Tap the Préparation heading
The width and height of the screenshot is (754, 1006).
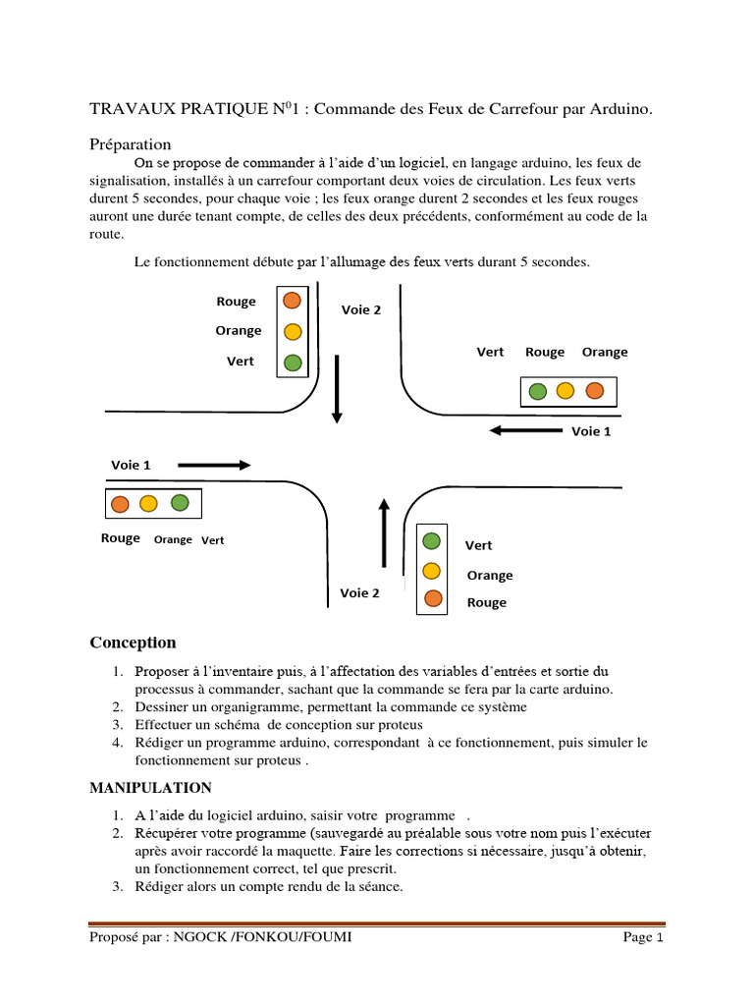[x=131, y=144]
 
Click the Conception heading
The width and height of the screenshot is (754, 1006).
[x=134, y=643]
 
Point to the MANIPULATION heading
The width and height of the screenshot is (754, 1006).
[x=150, y=788]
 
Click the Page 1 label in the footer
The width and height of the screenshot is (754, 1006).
[x=644, y=938]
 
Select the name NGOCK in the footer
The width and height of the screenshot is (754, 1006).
[x=200, y=938]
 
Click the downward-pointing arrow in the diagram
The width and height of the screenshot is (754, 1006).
[x=337, y=388]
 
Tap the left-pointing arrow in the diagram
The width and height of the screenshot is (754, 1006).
[x=524, y=430]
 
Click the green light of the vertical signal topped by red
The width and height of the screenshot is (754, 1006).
[x=292, y=363]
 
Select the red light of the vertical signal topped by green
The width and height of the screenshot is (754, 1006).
[x=431, y=598]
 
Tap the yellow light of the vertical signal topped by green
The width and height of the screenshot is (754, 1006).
[x=431, y=570]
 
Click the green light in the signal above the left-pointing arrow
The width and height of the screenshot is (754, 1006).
[x=537, y=391]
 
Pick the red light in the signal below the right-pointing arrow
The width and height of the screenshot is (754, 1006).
[x=120, y=504]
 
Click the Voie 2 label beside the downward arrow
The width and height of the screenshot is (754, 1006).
[x=361, y=309]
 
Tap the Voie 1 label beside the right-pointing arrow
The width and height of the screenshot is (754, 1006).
[x=132, y=465]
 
